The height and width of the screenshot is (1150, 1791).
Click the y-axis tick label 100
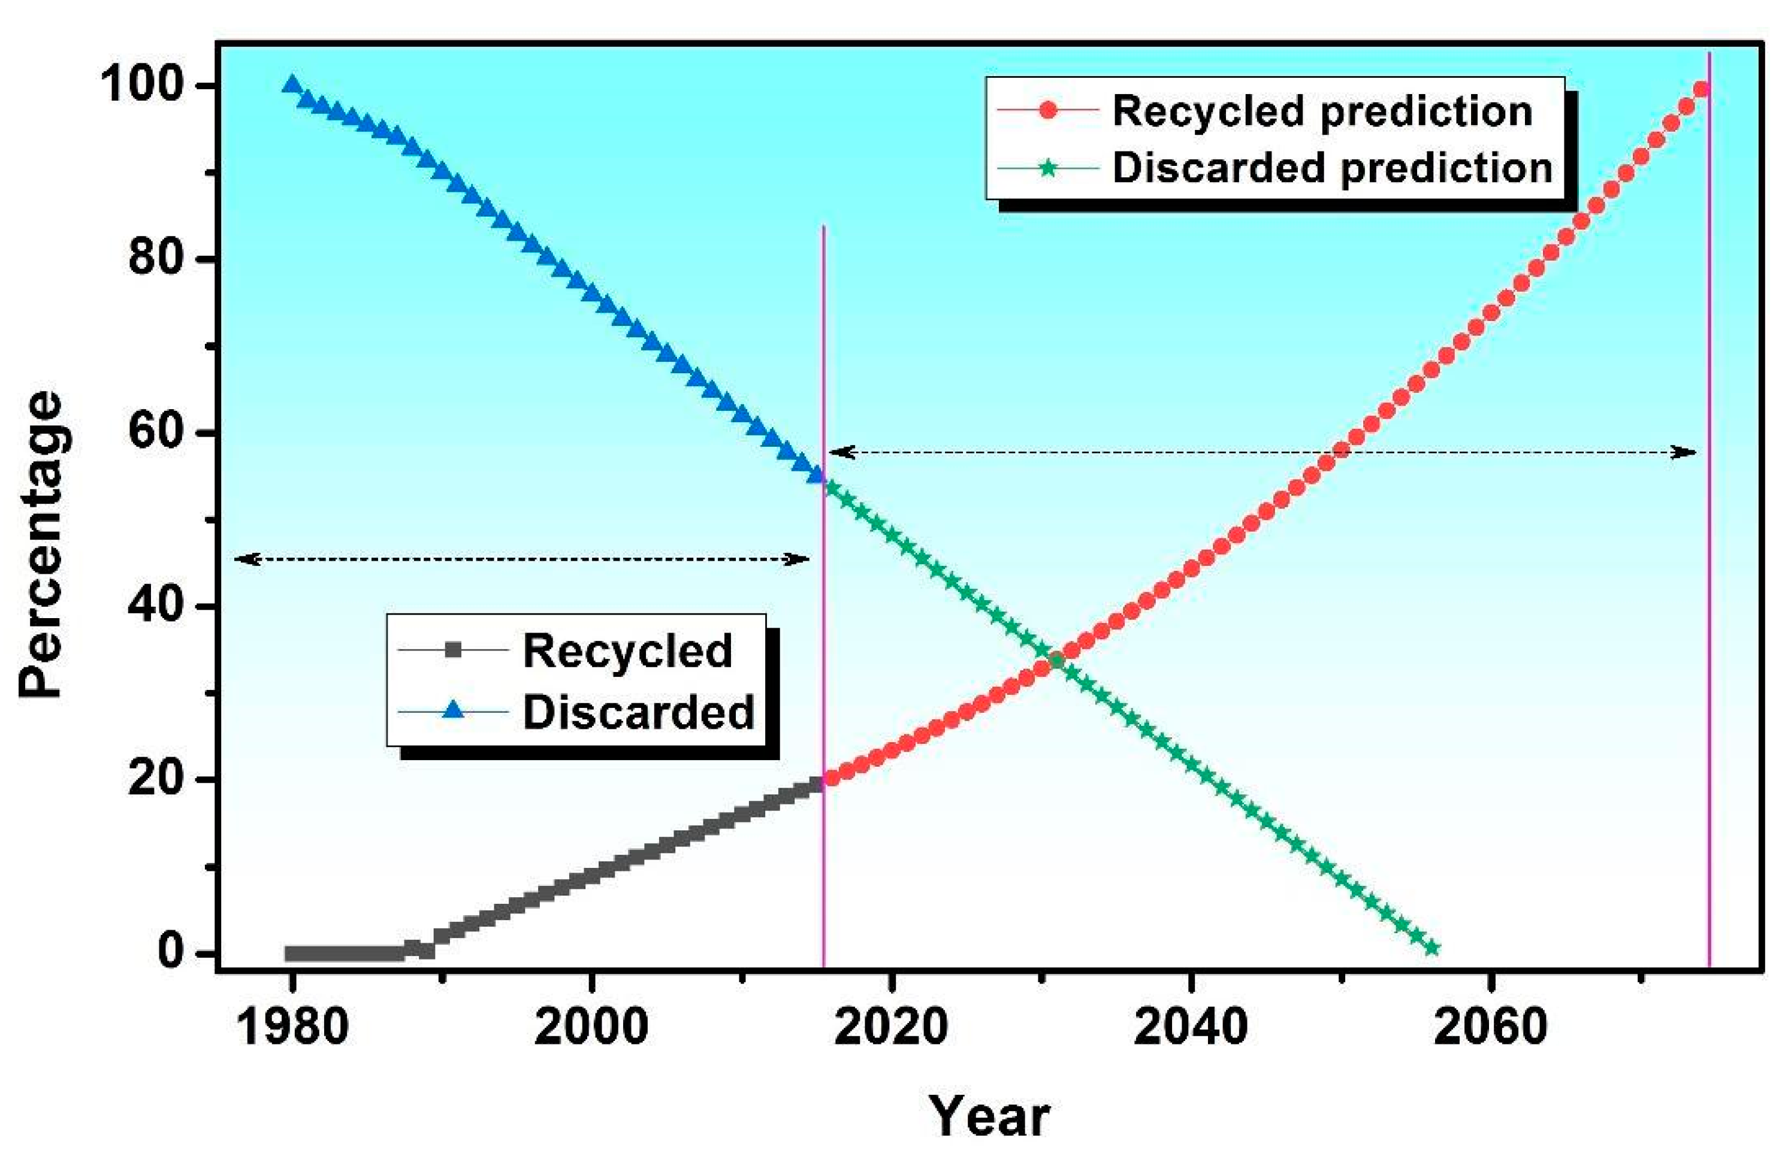142,84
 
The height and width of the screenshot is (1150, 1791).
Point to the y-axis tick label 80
156,258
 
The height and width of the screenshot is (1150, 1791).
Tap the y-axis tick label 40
156,605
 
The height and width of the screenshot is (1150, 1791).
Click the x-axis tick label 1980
291,1027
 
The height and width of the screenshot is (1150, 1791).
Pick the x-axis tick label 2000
591,1027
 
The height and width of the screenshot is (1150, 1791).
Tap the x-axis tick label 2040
1191,1027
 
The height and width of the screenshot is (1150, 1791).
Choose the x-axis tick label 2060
1490,1027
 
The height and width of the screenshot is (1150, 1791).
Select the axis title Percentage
41,545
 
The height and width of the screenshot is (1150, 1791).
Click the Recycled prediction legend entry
1322,111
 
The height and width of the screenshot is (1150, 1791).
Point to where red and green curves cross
1056,660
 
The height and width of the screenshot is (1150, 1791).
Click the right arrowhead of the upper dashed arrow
1688,452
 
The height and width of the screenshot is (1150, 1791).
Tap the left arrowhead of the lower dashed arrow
246,559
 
